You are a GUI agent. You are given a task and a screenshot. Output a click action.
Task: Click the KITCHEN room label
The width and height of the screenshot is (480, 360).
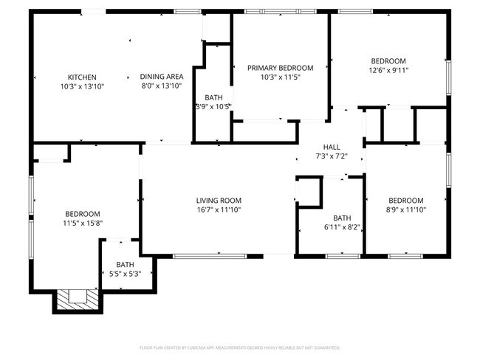pyautogui.click(x=82, y=77)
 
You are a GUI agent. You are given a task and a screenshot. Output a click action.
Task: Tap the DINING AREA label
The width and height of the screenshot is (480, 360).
pyautogui.click(x=162, y=77)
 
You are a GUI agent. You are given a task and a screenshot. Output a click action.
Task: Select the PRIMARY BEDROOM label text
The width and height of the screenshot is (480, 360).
pyautogui.click(x=280, y=68)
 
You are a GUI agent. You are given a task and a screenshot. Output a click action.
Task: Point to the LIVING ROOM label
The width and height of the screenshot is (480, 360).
pyautogui.click(x=219, y=201)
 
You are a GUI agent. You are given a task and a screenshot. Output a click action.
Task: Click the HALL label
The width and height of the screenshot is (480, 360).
pyautogui.click(x=331, y=147)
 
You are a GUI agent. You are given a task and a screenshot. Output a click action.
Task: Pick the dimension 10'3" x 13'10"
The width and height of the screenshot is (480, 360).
pyautogui.click(x=82, y=87)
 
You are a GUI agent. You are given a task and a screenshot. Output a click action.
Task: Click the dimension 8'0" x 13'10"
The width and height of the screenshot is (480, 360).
pyautogui.click(x=162, y=86)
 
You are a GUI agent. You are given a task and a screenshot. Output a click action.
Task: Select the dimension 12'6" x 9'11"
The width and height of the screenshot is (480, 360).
pyautogui.click(x=388, y=71)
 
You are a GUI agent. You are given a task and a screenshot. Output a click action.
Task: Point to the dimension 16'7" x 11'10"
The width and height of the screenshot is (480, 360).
pyautogui.click(x=219, y=210)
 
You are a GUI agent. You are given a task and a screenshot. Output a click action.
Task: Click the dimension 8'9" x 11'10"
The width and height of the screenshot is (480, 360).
pyautogui.click(x=405, y=210)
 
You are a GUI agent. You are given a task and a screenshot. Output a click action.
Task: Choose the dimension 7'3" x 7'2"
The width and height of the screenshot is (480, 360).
pyautogui.click(x=331, y=156)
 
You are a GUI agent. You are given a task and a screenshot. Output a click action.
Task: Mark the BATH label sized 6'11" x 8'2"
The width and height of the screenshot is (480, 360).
pyautogui.click(x=342, y=218)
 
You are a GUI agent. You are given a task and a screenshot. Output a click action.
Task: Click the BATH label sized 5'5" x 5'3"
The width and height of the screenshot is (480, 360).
pyautogui.click(x=125, y=265)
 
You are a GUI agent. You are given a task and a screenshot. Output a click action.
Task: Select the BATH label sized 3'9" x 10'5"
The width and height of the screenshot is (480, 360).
pyautogui.click(x=213, y=97)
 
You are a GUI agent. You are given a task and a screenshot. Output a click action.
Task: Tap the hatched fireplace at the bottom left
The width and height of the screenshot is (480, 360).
pyautogui.click(x=74, y=297)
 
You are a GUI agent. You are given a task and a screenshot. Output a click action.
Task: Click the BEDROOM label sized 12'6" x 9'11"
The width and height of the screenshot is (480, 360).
pyautogui.click(x=388, y=61)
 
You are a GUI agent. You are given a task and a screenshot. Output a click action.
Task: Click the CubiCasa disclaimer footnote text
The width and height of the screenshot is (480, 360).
pyautogui.click(x=240, y=347)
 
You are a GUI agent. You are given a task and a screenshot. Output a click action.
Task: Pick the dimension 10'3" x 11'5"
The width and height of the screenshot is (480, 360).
pyautogui.click(x=280, y=77)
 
